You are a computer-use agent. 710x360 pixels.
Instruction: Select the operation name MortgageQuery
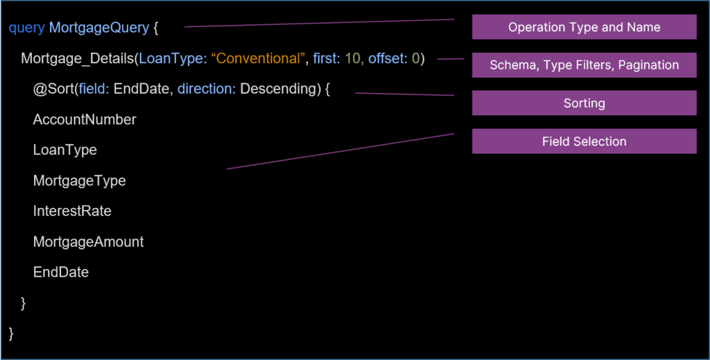(98, 28)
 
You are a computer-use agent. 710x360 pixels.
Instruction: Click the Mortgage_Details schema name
(78, 59)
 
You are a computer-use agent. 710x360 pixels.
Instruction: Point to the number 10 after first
(353, 59)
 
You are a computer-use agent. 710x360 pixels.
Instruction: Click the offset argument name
(388, 59)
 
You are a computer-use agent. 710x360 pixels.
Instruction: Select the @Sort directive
(53, 89)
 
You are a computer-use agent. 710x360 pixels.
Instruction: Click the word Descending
(280, 89)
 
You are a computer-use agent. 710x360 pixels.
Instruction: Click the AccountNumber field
(85, 120)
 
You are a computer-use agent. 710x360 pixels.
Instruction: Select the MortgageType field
(79, 181)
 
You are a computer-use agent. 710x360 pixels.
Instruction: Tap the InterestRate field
(72, 212)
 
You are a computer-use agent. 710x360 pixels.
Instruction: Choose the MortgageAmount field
(88, 242)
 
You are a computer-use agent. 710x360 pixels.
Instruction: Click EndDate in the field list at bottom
(61, 273)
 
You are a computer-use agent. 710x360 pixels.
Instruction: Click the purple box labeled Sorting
(584, 103)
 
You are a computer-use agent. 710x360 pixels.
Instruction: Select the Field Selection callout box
(584, 142)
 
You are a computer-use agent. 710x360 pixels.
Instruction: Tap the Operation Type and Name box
(584, 27)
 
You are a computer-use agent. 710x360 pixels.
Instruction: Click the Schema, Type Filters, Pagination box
(584, 65)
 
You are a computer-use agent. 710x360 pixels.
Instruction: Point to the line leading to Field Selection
(340, 151)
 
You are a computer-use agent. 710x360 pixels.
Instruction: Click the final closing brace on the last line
(11, 334)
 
